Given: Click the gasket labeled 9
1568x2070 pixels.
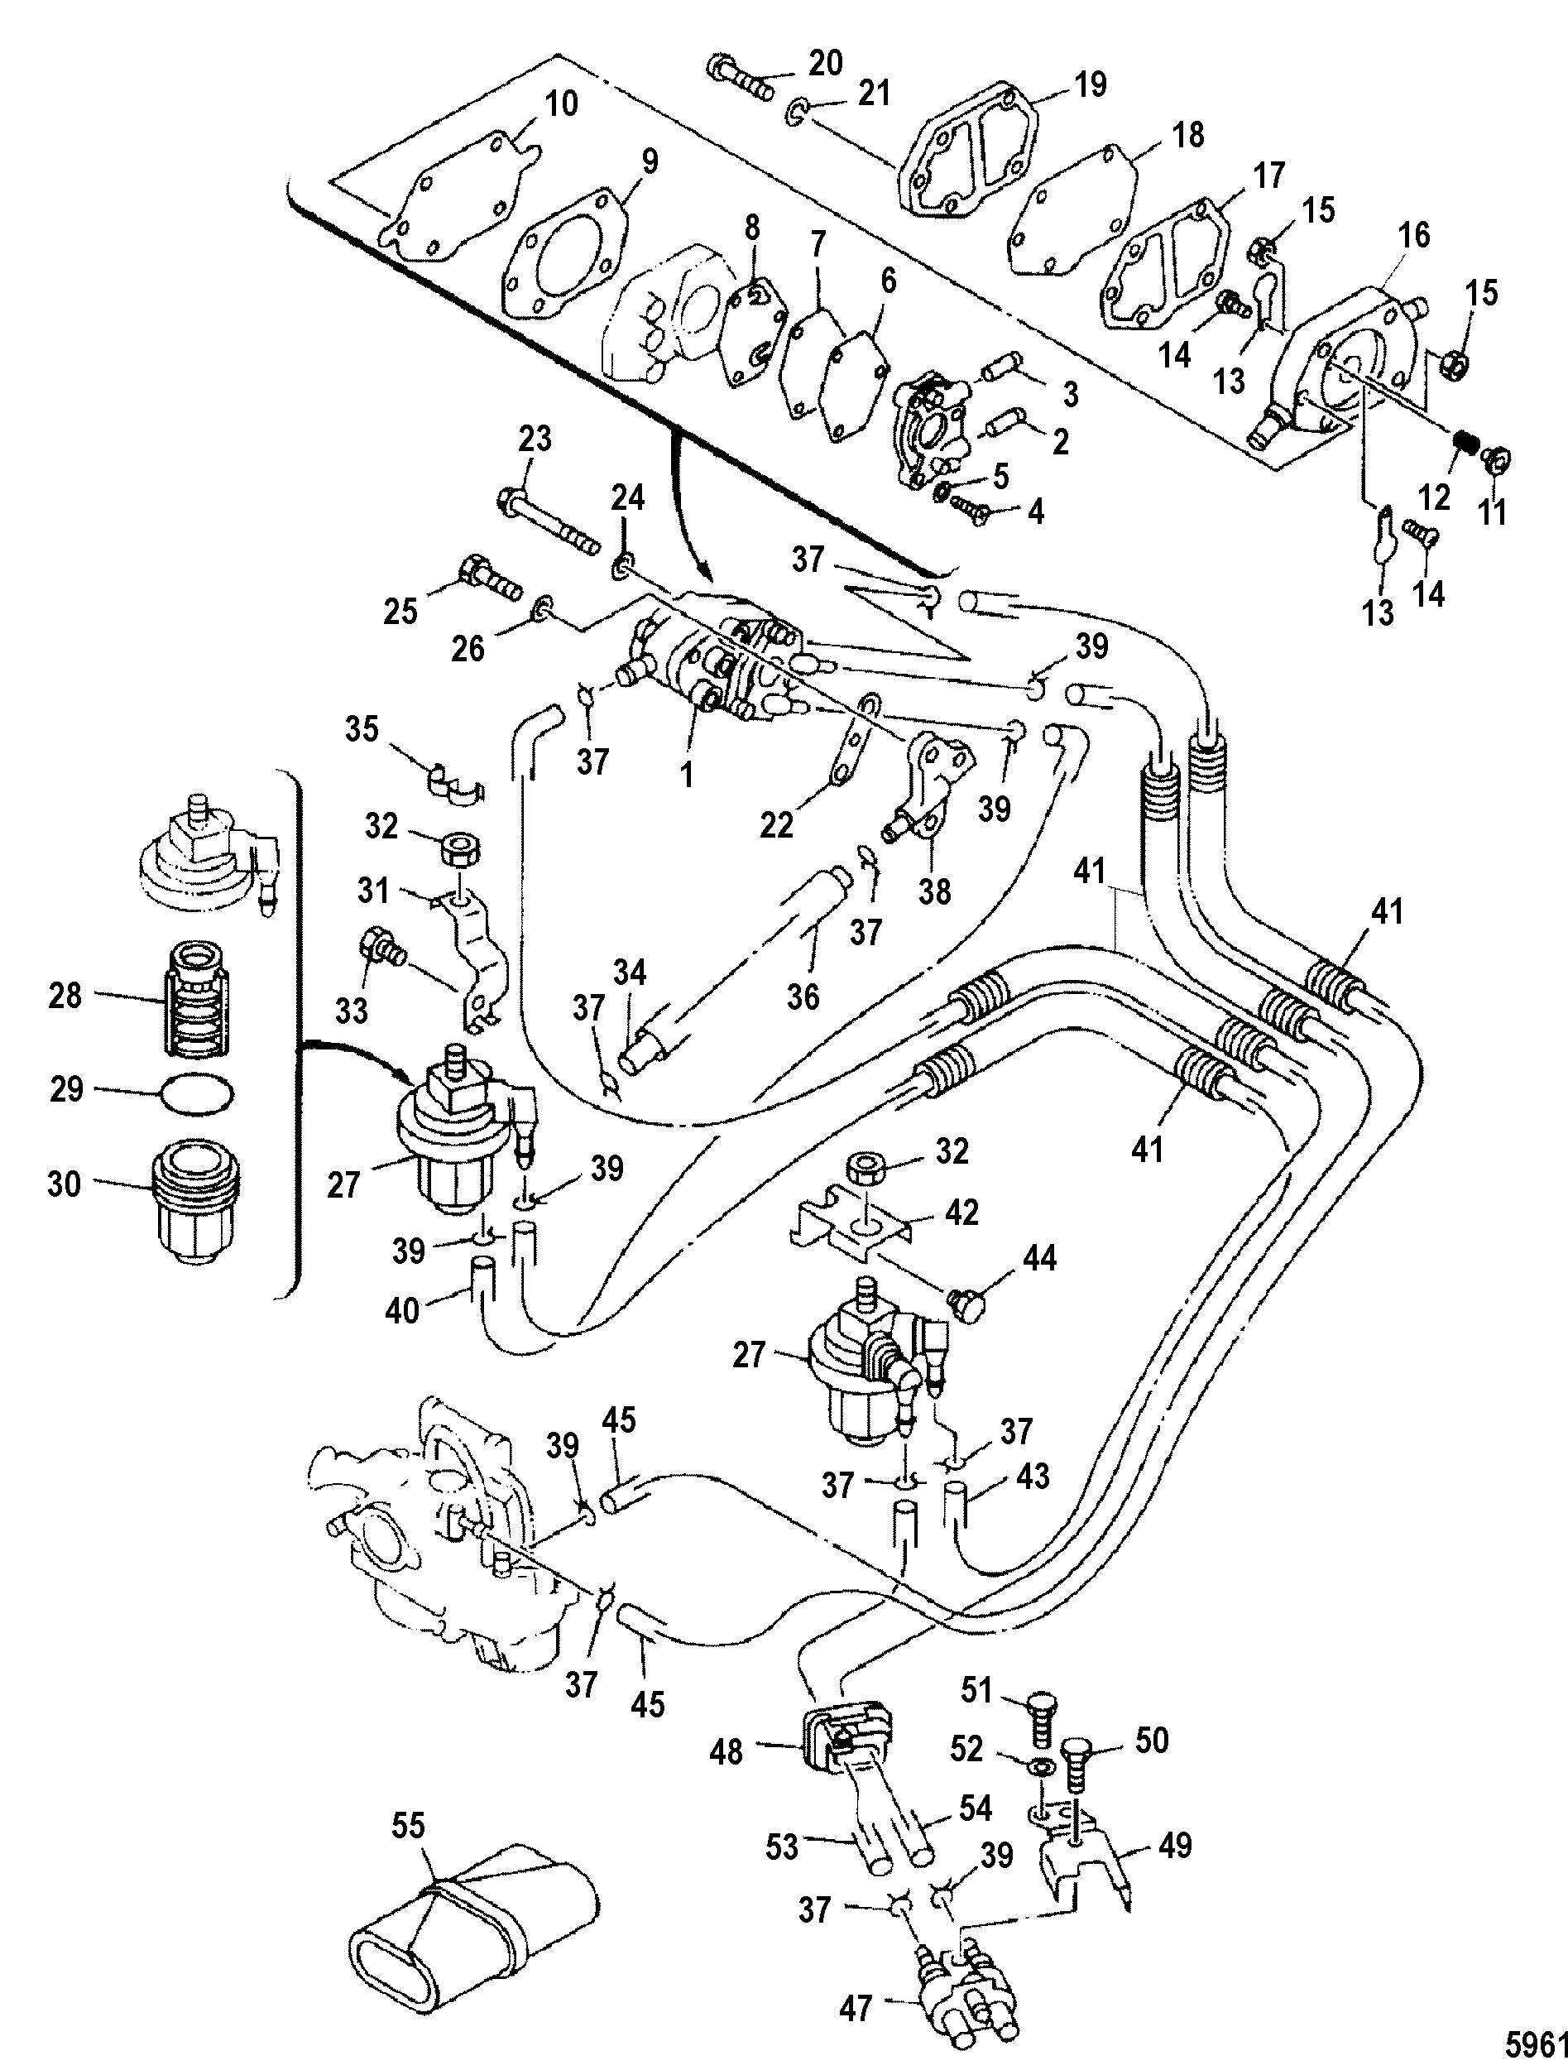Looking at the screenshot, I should point(564,250).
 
